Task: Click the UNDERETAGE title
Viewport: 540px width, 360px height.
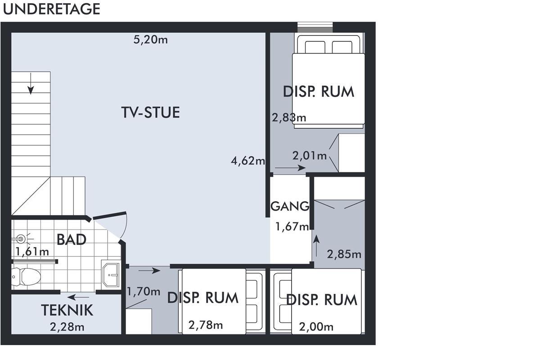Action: pos(52,9)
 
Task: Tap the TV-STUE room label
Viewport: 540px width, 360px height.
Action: pos(150,112)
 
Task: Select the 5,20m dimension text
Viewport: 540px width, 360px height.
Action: pos(151,40)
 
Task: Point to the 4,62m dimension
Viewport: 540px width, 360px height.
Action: pos(248,161)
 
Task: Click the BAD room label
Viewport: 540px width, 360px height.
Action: pos(72,239)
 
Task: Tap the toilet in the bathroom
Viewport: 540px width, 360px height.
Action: pos(26,276)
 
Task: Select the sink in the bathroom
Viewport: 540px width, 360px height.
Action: pos(110,274)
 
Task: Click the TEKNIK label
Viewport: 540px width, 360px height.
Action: pos(67,310)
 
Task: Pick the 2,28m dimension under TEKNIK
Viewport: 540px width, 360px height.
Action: pos(67,327)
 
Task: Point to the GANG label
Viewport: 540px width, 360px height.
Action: pos(290,207)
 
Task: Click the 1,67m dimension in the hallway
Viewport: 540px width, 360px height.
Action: pos(292,227)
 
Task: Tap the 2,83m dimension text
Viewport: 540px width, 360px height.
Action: pos(289,117)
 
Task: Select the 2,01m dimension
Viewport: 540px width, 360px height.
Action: pos(310,156)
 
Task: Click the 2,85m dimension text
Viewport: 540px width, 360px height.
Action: pos(344,254)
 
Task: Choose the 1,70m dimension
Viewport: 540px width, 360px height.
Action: pos(144,292)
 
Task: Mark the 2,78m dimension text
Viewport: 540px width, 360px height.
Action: pos(206,325)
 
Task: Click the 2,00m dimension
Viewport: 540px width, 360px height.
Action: pos(316,327)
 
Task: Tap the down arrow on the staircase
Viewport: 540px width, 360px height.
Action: pos(31,83)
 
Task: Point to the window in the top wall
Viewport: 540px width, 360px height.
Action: pos(315,27)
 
